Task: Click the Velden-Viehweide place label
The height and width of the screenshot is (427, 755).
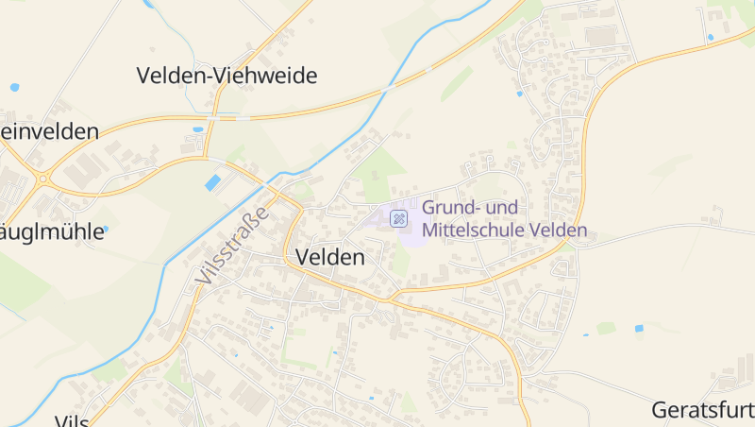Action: click(x=226, y=76)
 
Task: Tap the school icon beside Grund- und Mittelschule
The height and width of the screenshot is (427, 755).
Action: click(x=399, y=218)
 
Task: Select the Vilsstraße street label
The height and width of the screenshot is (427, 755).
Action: click(x=232, y=246)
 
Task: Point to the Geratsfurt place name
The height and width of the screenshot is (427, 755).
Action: click(x=704, y=411)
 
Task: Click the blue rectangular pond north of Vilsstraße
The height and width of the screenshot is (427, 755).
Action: click(x=214, y=182)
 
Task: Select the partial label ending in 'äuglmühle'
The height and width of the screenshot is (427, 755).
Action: click(x=52, y=231)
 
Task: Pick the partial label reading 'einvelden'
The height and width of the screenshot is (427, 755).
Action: click(x=49, y=131)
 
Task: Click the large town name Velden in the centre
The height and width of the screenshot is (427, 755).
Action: click(x=330, y=257)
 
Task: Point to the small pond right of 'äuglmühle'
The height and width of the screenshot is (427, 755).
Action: click(x=105, y=229)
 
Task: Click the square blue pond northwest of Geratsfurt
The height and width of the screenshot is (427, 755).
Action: click(x=639, y=328)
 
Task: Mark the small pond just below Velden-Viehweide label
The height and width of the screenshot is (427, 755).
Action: click(x=197, y=129)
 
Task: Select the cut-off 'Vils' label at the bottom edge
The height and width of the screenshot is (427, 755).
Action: click(x=71, y=420)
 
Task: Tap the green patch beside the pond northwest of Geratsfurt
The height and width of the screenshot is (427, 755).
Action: click(x=606, y=328)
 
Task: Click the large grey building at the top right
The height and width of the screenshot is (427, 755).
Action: click(x=599, y=35)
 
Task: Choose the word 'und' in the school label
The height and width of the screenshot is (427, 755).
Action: click(x=505, y=207)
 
